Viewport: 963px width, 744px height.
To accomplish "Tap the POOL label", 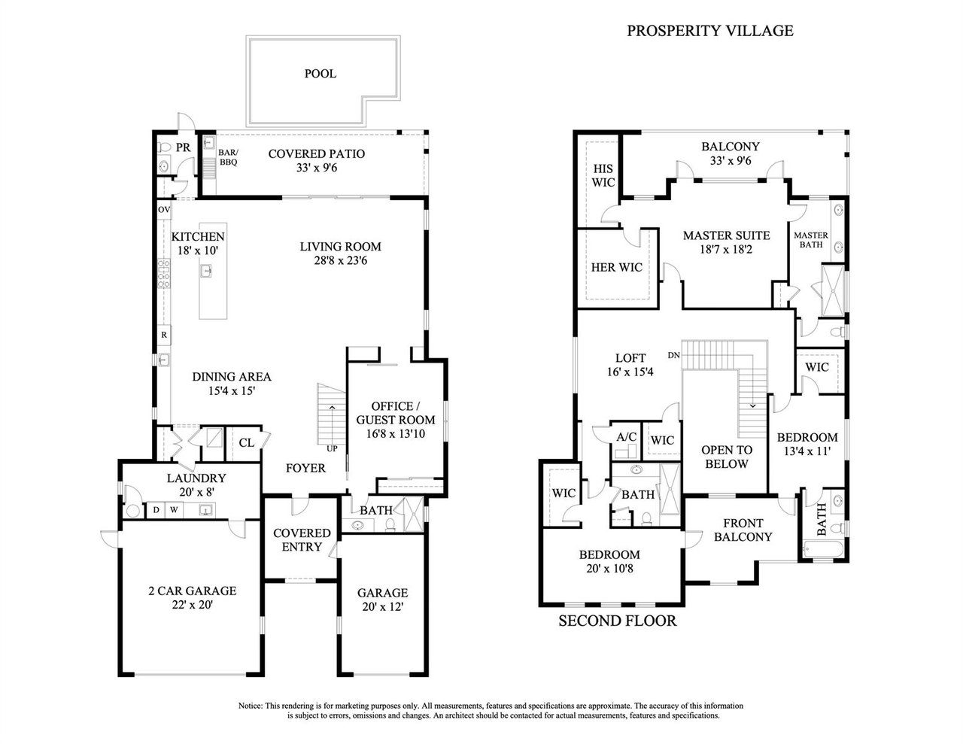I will [320, 74].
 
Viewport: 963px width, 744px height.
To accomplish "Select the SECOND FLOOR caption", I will [617, 621].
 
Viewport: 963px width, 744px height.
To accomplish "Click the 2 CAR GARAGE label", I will [192, 591].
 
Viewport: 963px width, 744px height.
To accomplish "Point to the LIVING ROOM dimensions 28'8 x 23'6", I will [340, 261].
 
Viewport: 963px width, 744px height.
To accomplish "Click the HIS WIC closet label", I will [603, 176].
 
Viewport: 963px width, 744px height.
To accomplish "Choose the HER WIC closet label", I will [616, 267].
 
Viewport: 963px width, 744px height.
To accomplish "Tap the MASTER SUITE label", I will [726, 235].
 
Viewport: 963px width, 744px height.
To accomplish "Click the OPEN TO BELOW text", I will [727, 457].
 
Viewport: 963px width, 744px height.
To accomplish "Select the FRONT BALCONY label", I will [743, 530].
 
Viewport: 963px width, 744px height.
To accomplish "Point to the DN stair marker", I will [674, 355].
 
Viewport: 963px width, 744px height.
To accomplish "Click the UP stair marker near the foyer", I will [332, 449].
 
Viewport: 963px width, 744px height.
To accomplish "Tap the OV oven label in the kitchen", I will [163, 208].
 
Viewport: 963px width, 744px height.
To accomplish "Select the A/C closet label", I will [626, 436].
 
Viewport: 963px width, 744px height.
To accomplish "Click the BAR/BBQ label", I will [227, 156].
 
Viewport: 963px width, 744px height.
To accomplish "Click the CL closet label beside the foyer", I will [246, 442].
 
